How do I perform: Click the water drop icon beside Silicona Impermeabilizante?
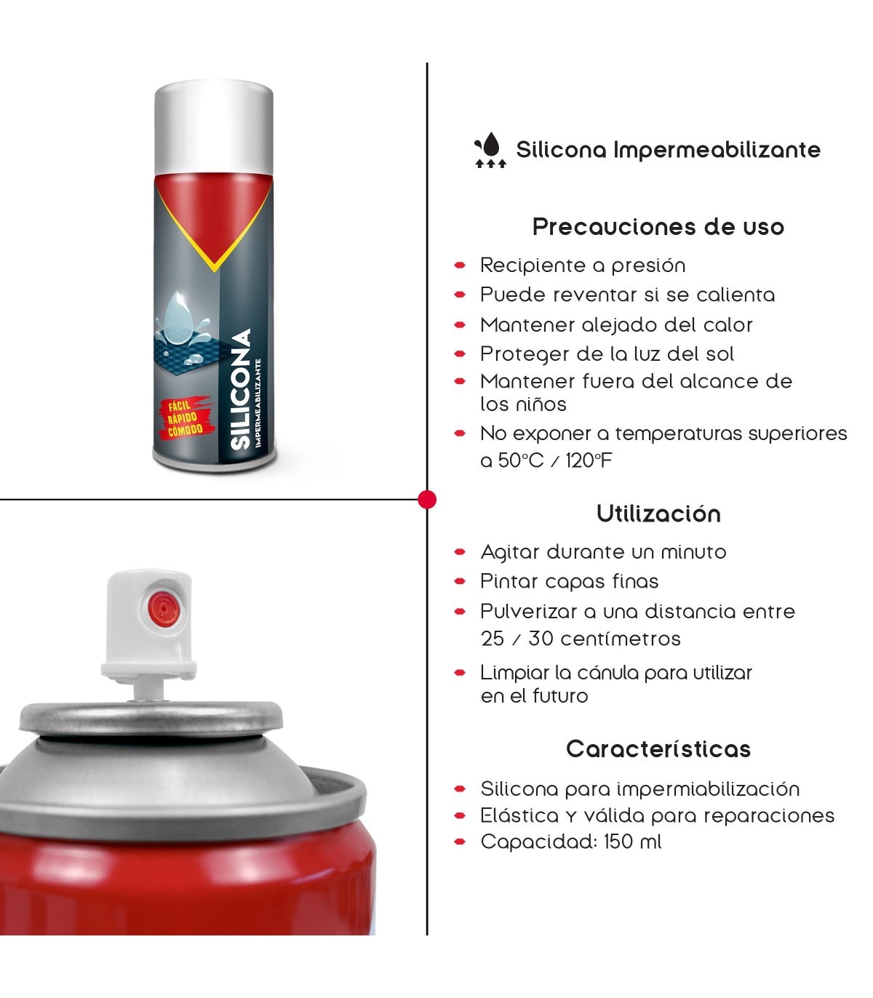[x=490, y=149]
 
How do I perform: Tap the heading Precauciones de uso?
[x=658, y=227]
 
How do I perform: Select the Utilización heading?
[x=658, y=514]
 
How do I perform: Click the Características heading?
[x=658, y=748]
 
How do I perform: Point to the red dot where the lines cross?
[x=427, y=500]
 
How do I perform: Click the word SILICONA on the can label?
[x=241, y=388]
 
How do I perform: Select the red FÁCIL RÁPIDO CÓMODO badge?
[x=186, y=417]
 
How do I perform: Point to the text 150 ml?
[x=632, y=842]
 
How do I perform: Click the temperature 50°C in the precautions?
[x=520, y=460]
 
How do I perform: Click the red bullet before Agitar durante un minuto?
[x=460, y=552]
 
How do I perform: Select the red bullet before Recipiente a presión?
[x=460, y=266]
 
